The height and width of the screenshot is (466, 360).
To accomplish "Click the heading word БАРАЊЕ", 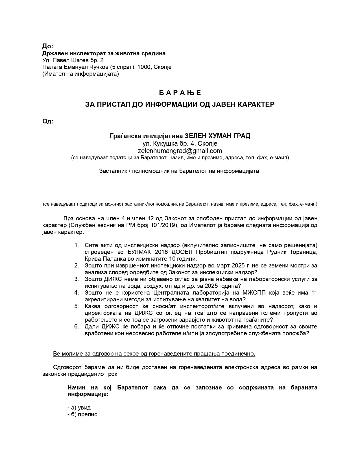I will click(180, 93).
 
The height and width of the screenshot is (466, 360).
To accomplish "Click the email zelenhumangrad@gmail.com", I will click(180, 151).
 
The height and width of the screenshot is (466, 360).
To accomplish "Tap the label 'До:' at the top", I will click(47, 46).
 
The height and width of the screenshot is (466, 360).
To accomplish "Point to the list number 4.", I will click(76, 293).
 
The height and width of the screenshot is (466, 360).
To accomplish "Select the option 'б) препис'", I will click(82, 414).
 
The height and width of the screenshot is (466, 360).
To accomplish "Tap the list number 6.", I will click(76, 326).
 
